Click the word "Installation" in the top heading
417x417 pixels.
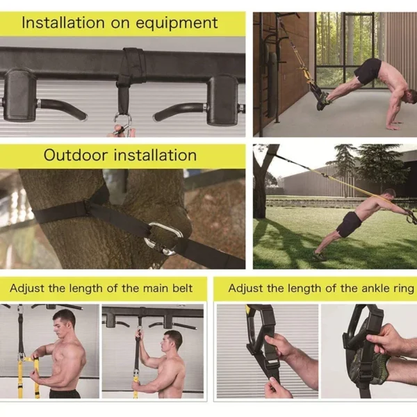63,22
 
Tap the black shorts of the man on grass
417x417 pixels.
349,224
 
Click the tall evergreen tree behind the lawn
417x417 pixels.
345,164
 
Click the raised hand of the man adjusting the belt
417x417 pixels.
140,335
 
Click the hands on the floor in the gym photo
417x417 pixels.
393,125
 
